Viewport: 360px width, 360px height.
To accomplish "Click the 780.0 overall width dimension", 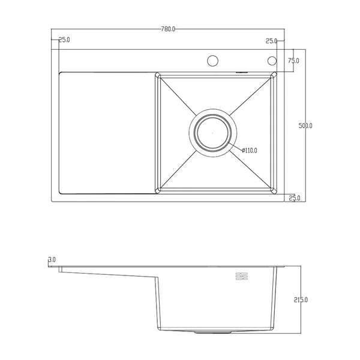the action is (x=168, y=29).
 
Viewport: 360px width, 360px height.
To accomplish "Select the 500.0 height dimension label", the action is (x=305, y=126).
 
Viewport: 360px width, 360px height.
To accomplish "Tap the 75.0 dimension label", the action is (x=293, y=61).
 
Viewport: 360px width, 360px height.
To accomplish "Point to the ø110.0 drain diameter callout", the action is (x=250, y=151).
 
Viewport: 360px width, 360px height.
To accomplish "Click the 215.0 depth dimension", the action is (x=301, y=300).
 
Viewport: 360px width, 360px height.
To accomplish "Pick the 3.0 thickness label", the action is (x=52, y=260).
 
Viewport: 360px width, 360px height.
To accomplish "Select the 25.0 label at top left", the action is (x=64, y=40).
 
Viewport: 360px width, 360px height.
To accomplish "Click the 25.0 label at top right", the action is (x=271, y=41).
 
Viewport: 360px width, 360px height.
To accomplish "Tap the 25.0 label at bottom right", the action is (x=295, y=198).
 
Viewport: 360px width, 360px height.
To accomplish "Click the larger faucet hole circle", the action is (x=212, y=61).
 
